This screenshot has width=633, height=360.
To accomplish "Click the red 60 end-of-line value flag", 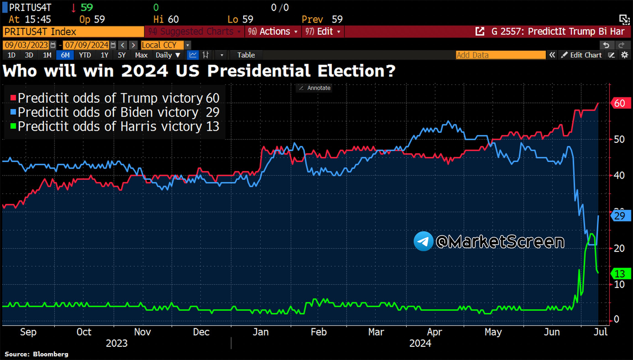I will (619, 103).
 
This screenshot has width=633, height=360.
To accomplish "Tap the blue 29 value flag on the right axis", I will (619, 216).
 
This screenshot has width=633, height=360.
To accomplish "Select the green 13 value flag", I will (619, 274).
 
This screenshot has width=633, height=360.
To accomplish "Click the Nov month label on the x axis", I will (143, 332).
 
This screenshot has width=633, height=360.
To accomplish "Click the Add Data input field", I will (500, 55).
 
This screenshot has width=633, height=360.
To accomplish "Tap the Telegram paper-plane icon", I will (423, 241).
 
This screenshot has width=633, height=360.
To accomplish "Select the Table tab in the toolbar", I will (246, 55).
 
